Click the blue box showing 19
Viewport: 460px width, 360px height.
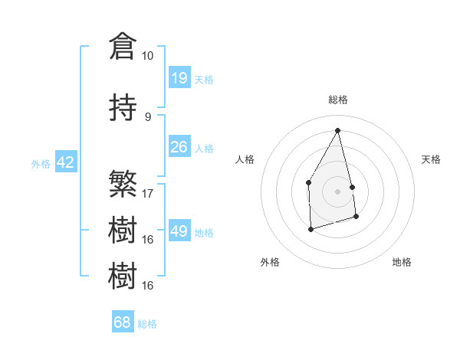179,78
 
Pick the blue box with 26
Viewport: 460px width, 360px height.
179,147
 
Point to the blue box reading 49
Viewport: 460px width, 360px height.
179,231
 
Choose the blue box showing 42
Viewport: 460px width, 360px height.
65,162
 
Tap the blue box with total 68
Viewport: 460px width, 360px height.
123,322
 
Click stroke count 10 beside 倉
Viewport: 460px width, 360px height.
147,56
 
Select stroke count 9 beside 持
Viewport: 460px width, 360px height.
147,117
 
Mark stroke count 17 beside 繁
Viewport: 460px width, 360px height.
148,193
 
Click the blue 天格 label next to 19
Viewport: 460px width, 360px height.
204,79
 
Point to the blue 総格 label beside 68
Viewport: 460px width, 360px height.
147,323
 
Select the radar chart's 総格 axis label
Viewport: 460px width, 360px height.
338,100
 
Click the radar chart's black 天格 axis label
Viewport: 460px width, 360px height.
432,159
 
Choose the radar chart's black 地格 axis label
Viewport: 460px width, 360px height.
402,262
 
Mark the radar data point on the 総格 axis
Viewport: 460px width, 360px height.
337,130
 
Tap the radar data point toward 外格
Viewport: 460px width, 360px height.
310,228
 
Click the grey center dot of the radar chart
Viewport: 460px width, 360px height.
337,191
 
